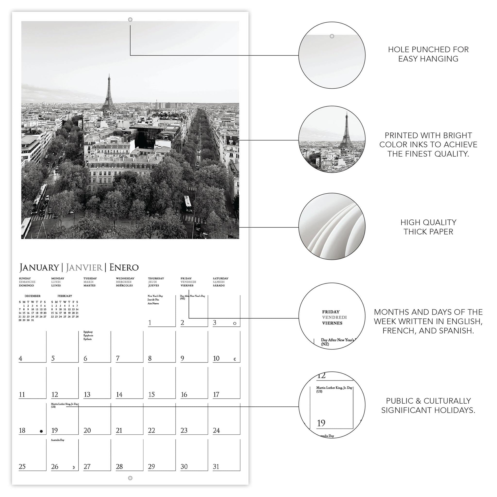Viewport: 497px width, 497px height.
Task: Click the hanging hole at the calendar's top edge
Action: (130, 20)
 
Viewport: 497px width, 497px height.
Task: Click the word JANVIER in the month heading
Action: (84, 267)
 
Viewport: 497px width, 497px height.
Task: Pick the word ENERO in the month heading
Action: (124, 267)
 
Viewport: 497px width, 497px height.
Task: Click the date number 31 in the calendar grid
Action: (216, 467)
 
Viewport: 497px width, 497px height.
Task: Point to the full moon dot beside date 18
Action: (41, 431)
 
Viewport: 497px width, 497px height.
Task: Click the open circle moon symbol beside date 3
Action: (235, 323)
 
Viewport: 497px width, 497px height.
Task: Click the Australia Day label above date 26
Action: (58, 440)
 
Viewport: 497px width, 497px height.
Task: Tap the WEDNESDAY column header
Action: (125, 278)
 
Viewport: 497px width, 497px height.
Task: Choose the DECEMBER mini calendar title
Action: (33, 296)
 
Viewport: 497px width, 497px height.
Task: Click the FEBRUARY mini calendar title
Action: (65, 296)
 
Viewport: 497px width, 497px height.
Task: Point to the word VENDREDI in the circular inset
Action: (334, 317)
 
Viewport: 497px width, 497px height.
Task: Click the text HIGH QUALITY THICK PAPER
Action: (428, 227)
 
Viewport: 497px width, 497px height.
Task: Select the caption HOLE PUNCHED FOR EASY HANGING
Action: (428, 54)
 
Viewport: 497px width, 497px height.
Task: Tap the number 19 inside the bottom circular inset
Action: (321, 423)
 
